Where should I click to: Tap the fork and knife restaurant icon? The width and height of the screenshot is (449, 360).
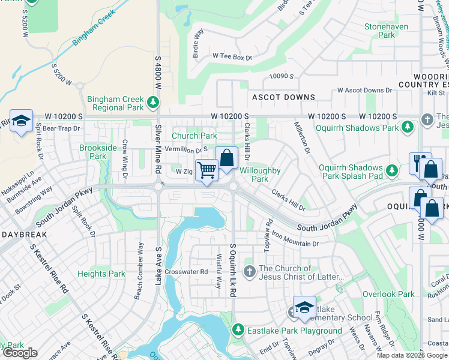(420, 163)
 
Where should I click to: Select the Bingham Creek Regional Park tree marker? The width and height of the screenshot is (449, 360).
(153, 103)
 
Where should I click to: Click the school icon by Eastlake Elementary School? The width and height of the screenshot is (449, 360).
(304, 307)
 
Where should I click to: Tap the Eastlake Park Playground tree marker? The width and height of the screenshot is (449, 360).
(238, 331)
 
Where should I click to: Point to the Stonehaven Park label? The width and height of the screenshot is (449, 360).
(387, 31)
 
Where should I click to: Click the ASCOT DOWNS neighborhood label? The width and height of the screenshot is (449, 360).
(283, 97)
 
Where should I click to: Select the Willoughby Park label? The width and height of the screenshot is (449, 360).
(260, 175)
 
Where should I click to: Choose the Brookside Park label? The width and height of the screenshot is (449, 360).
(93, 152)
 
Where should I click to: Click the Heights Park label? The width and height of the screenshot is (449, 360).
(101, 274)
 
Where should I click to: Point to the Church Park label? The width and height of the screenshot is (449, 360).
(194, 136)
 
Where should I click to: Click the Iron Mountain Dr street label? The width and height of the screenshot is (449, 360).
(295, 240)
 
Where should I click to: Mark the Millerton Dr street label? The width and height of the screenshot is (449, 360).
(301, 137)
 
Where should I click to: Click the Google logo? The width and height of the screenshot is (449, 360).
(20, 353)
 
